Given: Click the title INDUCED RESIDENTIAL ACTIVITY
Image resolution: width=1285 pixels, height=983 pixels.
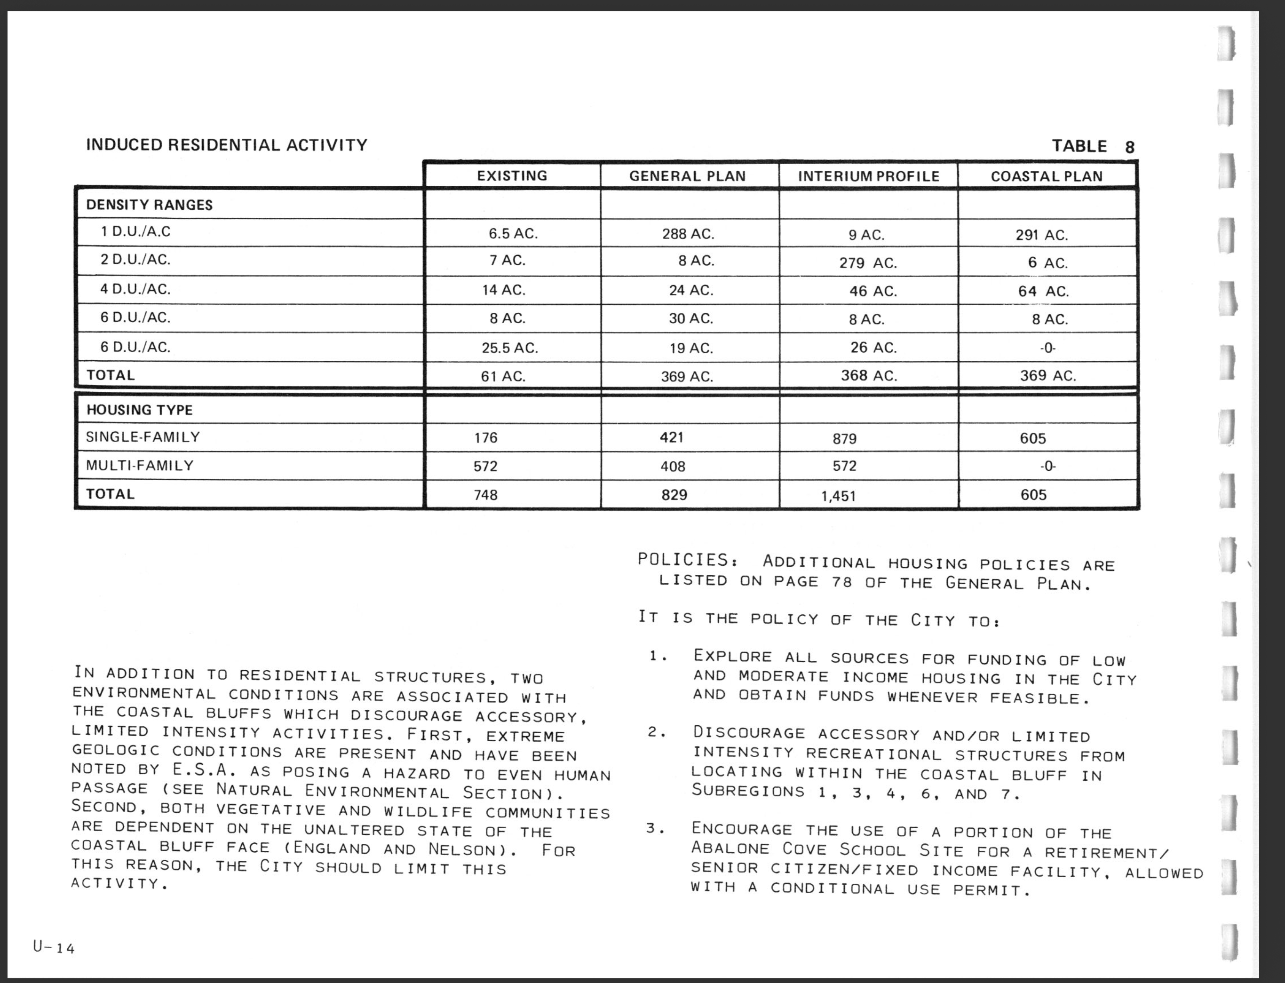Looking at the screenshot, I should (226, 145).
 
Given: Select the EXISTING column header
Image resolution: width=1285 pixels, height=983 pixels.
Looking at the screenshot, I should (512, 175).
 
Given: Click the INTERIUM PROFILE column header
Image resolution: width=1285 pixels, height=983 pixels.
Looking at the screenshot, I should (868, 176).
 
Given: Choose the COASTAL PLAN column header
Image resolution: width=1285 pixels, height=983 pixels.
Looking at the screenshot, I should (1046, 176).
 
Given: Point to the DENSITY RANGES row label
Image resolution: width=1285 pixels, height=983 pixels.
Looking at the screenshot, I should (149, 205).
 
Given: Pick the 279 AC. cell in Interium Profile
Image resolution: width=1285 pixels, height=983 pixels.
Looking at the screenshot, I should (868, 263).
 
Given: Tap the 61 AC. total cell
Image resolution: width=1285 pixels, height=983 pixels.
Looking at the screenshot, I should (503, 376).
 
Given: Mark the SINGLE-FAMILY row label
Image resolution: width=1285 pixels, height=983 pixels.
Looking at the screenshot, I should (143, 437).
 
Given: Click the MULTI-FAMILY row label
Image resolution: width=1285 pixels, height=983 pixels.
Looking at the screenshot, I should (140, 466).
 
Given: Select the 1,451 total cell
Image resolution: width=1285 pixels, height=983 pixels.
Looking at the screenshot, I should (838, 496).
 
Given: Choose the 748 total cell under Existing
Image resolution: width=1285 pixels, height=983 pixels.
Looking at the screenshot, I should (486, 495).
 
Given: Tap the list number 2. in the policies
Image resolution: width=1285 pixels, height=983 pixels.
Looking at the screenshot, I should (657, 732).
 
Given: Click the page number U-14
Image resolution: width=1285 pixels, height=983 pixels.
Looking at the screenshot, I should (54, 947).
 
